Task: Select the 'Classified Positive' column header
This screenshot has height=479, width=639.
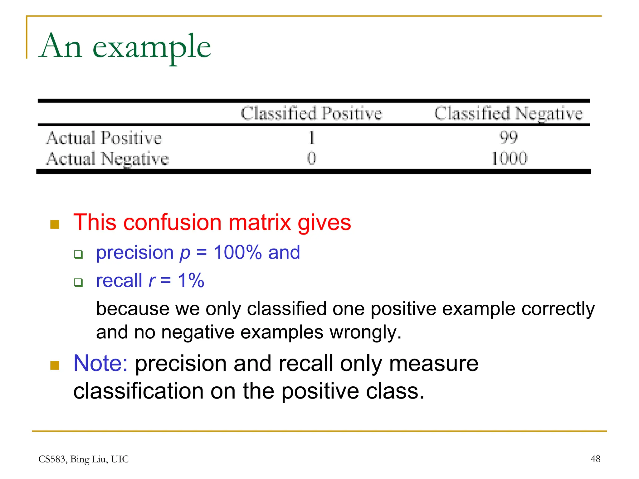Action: pos(311,113)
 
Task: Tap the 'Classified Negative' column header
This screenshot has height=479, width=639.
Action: pos(508,113)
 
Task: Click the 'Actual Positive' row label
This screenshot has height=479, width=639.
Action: pos(104,138)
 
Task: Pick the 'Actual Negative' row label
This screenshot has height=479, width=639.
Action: pos(108,158)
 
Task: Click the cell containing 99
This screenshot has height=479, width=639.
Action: pos(509,137)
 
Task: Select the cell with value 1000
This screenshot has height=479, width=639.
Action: pos(509,158)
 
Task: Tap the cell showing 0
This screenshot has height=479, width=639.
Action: pos(311,158)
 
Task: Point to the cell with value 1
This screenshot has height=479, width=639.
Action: pos(312,138)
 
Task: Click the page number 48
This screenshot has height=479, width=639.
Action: pos(595,459)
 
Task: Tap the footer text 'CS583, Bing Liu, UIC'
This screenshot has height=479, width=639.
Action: pos(83,459)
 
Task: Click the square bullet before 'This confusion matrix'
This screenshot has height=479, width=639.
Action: pos(55,224)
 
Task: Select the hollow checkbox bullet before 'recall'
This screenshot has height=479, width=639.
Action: pos(78,283)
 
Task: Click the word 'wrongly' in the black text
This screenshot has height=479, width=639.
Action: pos(365,332)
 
